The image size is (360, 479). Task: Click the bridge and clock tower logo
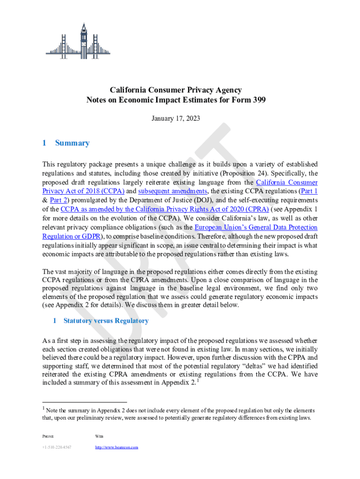click(x=78, y=41)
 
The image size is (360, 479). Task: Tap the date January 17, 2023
click(x=176, y=119)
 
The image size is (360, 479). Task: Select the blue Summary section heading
click(x=72, y=143)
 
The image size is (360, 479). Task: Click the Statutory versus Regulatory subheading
click(x=106, y=321)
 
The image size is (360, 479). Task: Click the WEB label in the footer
click(x=99, y=436)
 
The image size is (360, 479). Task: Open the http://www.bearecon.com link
click(x=116, y=447)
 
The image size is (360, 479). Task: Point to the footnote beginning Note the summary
click(x=178, y=414)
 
